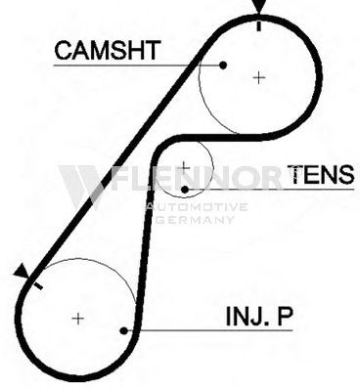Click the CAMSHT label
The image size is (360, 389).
(108, 50)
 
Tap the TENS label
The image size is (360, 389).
(321, 174)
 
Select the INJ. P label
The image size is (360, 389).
(259, 316)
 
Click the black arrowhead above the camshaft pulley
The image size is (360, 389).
(259, 7)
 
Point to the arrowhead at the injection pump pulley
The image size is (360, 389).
(22, 272)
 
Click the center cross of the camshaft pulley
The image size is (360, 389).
(259, 77)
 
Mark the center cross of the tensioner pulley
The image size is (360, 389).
(185, 167)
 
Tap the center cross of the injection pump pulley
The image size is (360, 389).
(78, 319)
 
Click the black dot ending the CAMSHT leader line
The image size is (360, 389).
(223, 65)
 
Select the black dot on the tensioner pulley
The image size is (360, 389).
(185, 190)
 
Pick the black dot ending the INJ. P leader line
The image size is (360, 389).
(123, 330)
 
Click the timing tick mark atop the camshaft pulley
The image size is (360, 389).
(259, 26)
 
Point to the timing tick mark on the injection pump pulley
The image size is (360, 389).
(38, 285)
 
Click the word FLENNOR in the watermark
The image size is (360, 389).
(196, 178)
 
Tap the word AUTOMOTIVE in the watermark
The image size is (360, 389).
(197, 207)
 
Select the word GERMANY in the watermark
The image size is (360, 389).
(196, 220)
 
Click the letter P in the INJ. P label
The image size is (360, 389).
(285, 316)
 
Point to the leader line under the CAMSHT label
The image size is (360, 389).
(138, 65)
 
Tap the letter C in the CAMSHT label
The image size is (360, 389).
(64, 50)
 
